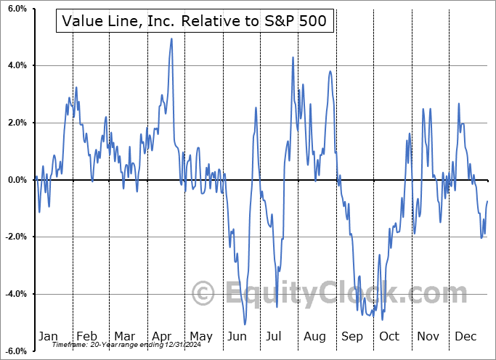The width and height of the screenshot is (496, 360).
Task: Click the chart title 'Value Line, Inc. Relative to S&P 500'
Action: point(194,22)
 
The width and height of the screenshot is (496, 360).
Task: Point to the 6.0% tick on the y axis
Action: point(16,9)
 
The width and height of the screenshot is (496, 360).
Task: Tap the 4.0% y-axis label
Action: point(16,66)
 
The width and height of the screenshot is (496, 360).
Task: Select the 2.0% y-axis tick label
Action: point(16,123)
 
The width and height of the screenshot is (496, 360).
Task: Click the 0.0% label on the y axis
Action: point(16,180)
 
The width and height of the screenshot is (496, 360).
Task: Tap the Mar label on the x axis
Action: point(123,336)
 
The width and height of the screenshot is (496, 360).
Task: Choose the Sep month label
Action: point(351,336)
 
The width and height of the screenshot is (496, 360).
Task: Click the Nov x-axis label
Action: point(428,336)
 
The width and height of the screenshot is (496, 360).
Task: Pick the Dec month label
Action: point(465,336)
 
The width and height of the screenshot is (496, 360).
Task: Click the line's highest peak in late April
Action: point(171,38)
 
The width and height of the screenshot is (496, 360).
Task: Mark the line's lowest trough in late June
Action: point(245,324)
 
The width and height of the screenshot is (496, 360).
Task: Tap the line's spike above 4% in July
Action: point(293,57)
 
